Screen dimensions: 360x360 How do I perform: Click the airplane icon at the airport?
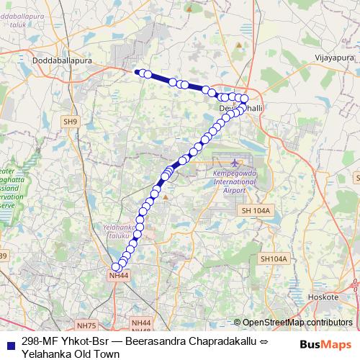tap(235, 163)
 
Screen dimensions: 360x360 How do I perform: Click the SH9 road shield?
tap(70, 122)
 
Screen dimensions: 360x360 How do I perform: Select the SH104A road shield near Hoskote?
tap(274, 258)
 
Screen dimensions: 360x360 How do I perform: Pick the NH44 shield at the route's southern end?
tap(118, 276)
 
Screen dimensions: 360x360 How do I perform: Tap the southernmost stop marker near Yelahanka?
tap(116, 268)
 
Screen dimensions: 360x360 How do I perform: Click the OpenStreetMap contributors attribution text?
tap(297, 323)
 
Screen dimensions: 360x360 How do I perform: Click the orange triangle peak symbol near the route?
tap(165, 196)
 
